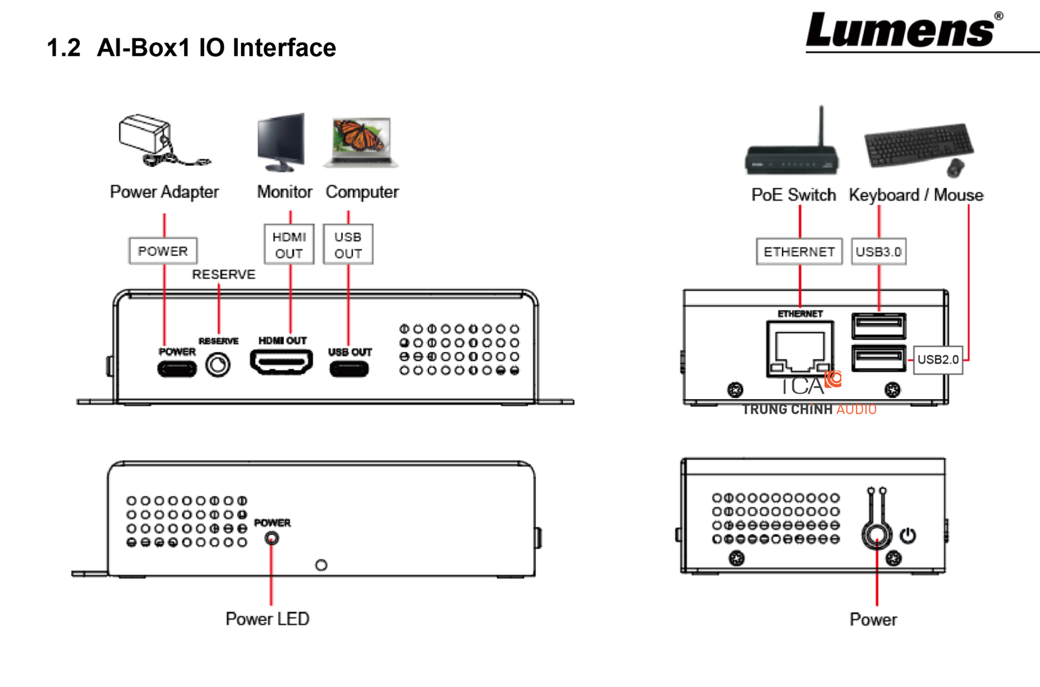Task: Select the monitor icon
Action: [x=282, y=141]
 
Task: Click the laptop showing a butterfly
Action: [x=362, y=141]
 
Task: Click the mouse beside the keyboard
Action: [x=955, y=167]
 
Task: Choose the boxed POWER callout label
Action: [x=162, y=251]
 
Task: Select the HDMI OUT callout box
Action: [x=289, y=245]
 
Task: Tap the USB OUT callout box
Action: [x=348, y=245]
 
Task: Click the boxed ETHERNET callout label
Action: [x=799, y=252]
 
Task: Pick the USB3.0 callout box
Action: [x=878, y=252]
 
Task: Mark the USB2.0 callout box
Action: [x=938, y=359]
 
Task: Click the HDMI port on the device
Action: [x=281, y=361]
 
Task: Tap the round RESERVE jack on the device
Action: [x=218, y=365]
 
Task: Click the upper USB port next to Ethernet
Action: [x=878, y=326]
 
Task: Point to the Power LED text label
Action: [x=267, y=619]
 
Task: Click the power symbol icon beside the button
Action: [x=908, y=536]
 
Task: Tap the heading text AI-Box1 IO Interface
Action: [x=216, y=47]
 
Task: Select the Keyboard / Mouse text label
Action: [x=916, y=195]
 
